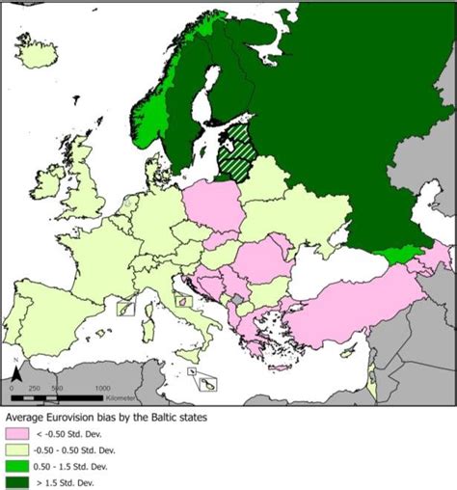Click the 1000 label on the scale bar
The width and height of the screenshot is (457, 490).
[101, 387]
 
